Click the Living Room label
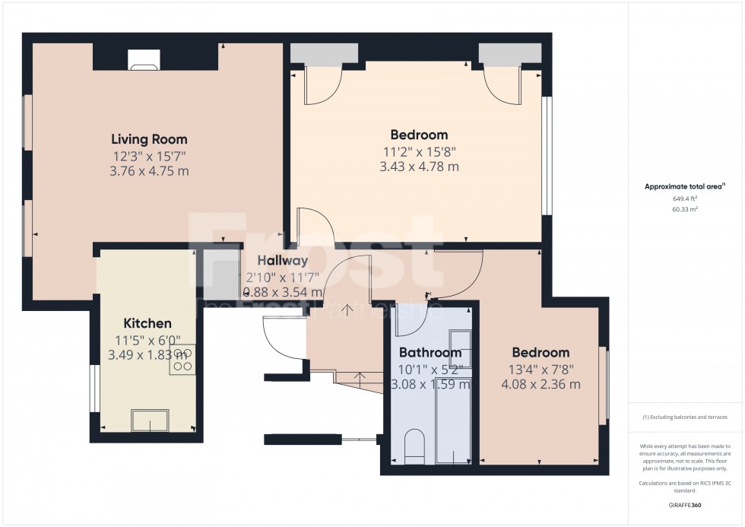coord(149,139)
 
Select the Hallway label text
coord(282,261)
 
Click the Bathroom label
coord(431,353)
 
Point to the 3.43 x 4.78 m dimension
coord(419,167)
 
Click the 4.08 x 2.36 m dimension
coord(541,384)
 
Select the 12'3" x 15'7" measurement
coord(149,156)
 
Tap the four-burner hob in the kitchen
coord(182,359)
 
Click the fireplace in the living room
coord(144,60)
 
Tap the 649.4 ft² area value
coord(685,198)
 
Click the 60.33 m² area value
coord(685,208)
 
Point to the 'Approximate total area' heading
coord(685,186)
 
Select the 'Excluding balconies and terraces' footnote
coord(685,417)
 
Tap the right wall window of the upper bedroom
coord(547,155)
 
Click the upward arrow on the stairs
coord(348,310)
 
